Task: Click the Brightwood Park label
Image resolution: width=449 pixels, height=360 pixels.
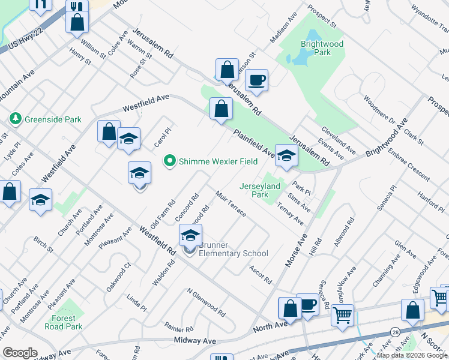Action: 322,48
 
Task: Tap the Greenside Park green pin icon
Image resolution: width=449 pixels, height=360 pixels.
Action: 15,119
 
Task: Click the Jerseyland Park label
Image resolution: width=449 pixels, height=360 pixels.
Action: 261,190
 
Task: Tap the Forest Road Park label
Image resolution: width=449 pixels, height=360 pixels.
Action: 64,322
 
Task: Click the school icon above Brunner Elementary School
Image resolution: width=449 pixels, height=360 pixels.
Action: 190,236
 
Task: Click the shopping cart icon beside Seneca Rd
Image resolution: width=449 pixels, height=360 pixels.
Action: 342,314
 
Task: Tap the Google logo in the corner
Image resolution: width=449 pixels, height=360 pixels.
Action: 20,353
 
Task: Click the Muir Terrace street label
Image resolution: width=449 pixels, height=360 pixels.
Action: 230,205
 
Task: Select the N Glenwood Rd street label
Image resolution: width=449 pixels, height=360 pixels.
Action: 206,303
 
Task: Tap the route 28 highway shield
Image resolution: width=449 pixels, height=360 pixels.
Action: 394,331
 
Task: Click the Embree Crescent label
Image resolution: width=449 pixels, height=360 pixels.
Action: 408,167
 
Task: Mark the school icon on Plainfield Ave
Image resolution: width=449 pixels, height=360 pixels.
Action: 286,156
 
